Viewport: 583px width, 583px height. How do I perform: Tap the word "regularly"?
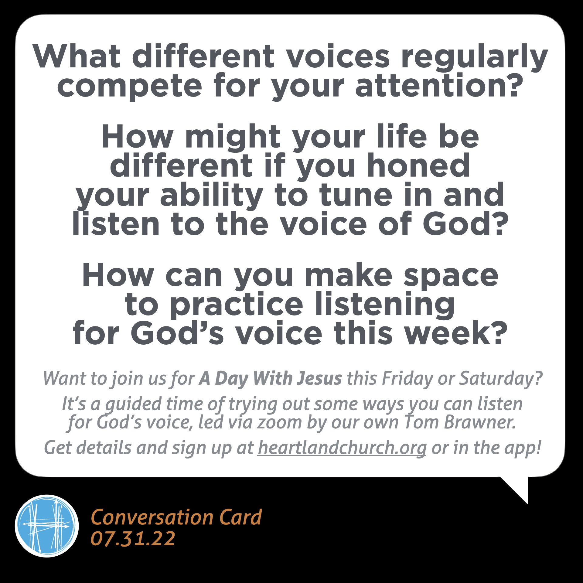(x=474, y=58)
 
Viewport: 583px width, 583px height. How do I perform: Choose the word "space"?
(x=451, y=276)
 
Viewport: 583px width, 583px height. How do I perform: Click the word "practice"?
(x=237, y=305)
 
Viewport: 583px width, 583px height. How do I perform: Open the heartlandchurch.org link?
(x=342, y=448)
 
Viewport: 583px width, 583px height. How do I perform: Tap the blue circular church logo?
(x=47, y=526)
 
